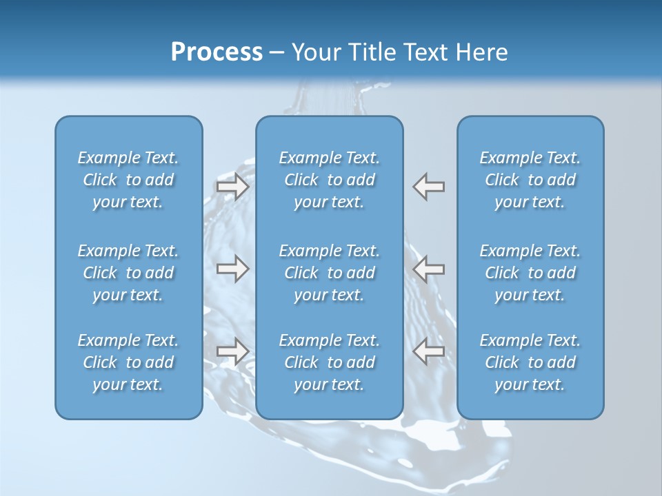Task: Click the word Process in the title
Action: (217, 52)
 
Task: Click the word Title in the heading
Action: (367, 52)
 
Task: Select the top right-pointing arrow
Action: (233, 187)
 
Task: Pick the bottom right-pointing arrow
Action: (233, 351)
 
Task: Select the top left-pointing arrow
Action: (429, 187)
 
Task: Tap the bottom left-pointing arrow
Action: (429, 351)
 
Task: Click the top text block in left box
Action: (128, 180)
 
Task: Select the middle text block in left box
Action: (128, 273)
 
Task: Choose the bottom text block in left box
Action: (128, 362)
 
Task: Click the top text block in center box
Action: (330, 180)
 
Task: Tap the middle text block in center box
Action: (330, 273)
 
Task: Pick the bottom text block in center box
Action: (330, 362)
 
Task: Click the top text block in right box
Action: (530, 180)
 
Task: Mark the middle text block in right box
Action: (530, 273)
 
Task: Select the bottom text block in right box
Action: (530, 362)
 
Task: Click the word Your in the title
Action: (315, 52)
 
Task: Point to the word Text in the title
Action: (424, 52)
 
